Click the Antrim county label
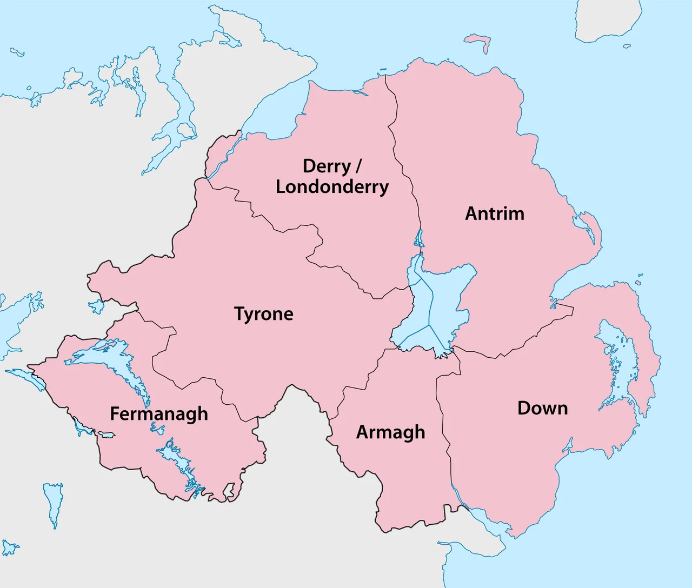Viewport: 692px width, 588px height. pyautogui.click(x=495, y=213)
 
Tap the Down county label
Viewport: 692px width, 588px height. pyautogui.click(x=542, y=408)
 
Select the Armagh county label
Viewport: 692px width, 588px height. pyautogui.click(x=390, y=432)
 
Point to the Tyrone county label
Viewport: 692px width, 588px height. pyautogui.click(x=263, y=314)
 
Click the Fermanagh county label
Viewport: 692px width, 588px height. pyautogui.click(x=159, y=414)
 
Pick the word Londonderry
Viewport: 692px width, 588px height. pyautogui.click(x=332, y=187)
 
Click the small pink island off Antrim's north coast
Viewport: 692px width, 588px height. pyautogui.click(x=478, y=41)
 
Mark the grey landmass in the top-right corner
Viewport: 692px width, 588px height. pyautogui.click(x=605, y=19)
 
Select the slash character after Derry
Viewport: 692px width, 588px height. pyautogui.click(x=357, y=166)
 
